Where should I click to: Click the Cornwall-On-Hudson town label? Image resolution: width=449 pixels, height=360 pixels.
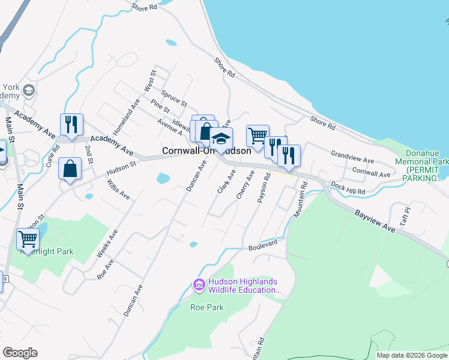click(x=206, y=151)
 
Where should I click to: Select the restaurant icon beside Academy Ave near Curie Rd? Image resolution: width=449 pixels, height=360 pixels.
click(x=71, y=125)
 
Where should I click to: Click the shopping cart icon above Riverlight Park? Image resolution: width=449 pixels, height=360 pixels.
click(x=28, y=239)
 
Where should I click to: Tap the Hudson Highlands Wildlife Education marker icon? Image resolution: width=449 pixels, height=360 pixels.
click(x=199, y=285)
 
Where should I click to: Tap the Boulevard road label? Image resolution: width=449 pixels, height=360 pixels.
click(x=264, y=246)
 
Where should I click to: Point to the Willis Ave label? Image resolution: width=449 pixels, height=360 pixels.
click(x=118, y=190)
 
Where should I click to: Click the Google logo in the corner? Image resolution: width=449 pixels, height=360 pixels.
click(x=20, y=353)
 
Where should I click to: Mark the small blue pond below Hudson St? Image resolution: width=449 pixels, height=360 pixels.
click(x=162, y=178)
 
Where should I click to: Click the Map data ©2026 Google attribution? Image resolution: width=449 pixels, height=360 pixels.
click(x=412, y=355)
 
